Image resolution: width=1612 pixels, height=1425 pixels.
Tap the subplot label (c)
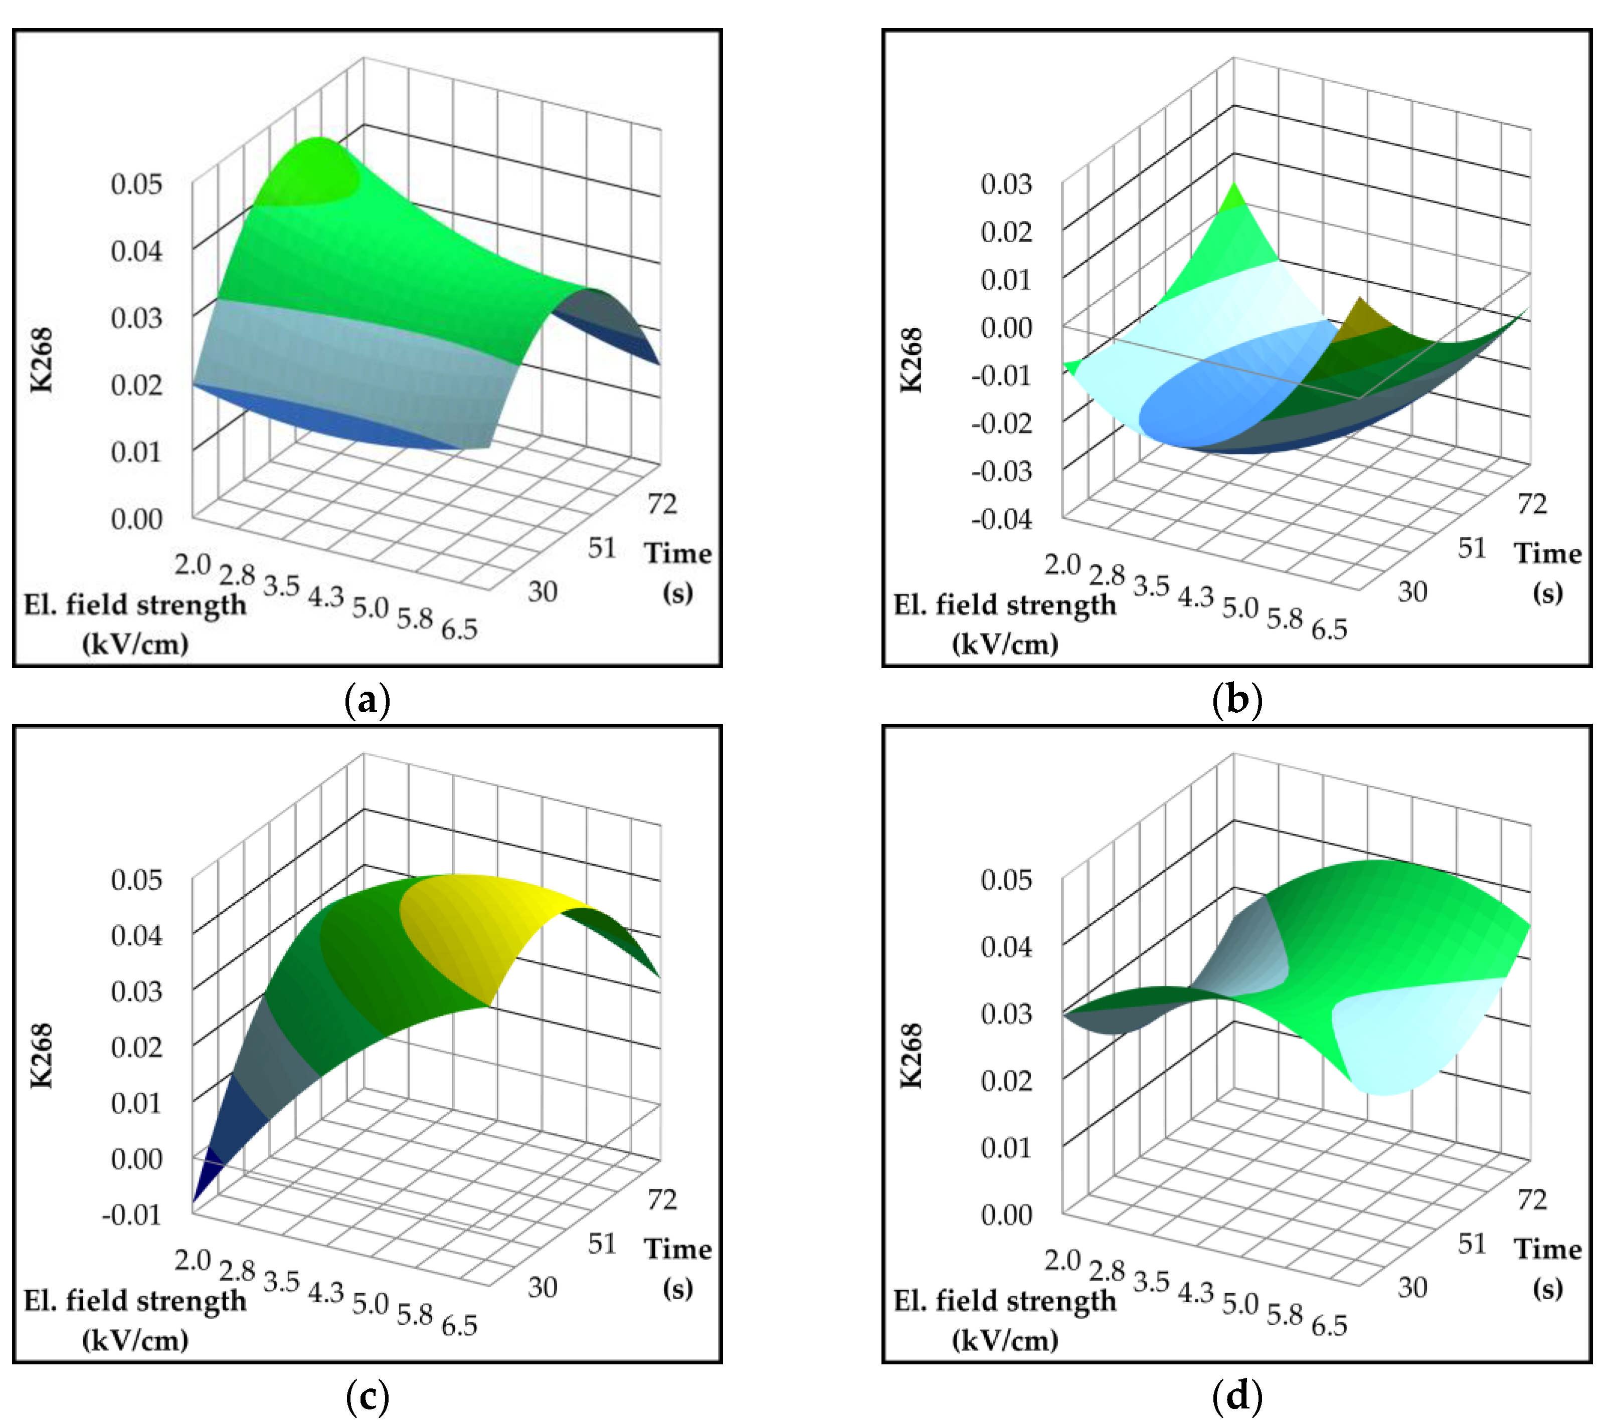pyautogui.click(x=368, y=1396)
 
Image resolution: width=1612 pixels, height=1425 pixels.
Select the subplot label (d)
pyautogui.click(x=1236, y=1396)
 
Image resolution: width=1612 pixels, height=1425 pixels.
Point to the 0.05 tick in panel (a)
pyautogui.click(x=136, y=184)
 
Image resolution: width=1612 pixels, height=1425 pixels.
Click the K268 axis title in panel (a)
pyautogui.click(x=41, y=359)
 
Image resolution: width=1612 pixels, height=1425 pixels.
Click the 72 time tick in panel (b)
pyautogui.click(x=1532, y=503)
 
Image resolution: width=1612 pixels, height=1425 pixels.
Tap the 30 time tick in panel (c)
pyautogui.click(x=543, y=1288)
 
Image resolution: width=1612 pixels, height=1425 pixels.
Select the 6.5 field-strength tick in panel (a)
pyautogui.click(x=459, y=630)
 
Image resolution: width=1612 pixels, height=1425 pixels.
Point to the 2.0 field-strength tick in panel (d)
pyautogui.click(x=1061, y=1260)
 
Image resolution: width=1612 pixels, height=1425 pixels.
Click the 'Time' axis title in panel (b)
pyautogui.click(x=1547, y=553)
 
